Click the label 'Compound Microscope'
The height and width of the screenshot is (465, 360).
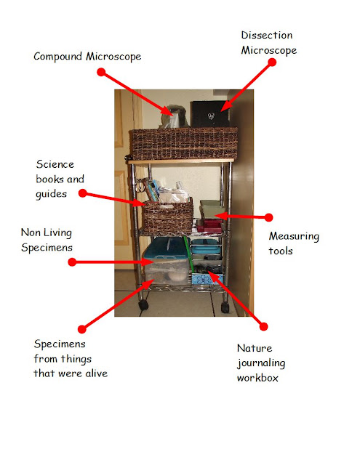point(87,57)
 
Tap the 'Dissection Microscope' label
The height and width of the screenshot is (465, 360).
point(269,43)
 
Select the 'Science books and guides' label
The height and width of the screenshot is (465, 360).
point(60,179)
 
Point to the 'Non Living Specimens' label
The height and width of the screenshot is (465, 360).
point(47,240)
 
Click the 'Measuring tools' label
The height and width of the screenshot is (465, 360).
point(294,243)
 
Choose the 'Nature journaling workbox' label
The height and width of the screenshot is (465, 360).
point(261,363)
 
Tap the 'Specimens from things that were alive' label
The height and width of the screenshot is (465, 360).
point(71,359)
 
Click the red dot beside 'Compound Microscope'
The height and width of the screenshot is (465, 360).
point(101,72)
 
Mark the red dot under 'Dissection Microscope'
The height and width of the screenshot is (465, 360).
point(272,62)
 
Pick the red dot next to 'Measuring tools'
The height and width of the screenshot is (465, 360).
point(268,217)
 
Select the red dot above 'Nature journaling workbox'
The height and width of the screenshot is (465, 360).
point(263,326)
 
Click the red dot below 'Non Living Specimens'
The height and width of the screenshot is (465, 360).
point(72,262)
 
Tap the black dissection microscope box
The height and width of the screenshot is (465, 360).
point(209,114)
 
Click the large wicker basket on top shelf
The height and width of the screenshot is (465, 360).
point(184,143)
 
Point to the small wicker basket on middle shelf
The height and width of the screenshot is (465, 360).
point(168,216)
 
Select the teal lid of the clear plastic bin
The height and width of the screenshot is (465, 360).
point(166,249)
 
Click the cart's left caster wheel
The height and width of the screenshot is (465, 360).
point(143,304)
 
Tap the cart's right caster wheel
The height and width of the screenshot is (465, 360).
point(225,307)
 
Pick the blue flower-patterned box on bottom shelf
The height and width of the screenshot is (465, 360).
point(207,279)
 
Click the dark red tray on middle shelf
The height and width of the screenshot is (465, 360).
point(209,226)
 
